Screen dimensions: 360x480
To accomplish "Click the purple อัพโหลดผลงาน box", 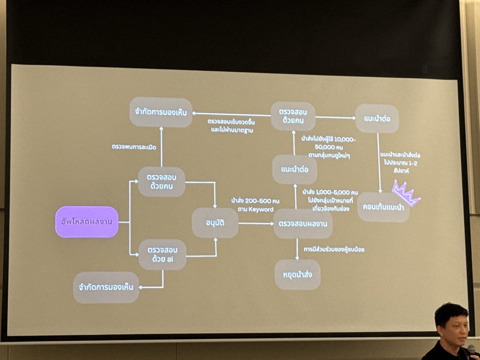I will pos(87,222).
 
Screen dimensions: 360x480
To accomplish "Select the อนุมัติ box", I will pos(215,223).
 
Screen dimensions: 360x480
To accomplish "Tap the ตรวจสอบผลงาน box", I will pos(303,224).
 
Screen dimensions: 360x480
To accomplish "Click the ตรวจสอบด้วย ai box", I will pos(162,255).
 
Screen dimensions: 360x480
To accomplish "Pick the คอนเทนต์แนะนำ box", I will pos(383,207).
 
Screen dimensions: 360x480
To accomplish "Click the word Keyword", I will pos(261,209).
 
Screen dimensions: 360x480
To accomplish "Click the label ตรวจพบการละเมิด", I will pos(134,147).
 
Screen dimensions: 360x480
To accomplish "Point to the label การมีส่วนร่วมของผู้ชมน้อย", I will pos(334,249).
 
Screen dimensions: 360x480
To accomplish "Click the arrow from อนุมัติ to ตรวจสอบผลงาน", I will pos(256,223).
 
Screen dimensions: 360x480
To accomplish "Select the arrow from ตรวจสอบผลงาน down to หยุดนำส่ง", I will pos(297,249).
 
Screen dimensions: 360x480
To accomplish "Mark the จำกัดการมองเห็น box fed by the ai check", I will pos(106,287).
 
